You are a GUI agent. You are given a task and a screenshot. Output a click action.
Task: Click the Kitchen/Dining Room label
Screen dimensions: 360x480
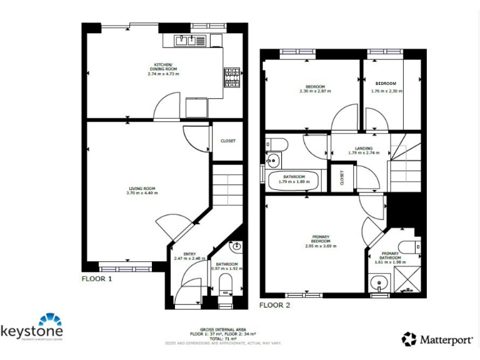(163, 66)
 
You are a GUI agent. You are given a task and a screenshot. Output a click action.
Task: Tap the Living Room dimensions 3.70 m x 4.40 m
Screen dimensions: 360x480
(142, 193)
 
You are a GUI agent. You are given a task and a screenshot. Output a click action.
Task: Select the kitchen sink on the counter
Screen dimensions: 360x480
(187, 41)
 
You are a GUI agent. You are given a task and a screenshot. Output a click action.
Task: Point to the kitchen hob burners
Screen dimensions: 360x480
(231, 77)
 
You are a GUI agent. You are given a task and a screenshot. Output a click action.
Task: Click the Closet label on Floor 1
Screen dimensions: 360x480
(228, 141)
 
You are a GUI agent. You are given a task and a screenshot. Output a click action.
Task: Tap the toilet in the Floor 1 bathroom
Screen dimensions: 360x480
(226, 287)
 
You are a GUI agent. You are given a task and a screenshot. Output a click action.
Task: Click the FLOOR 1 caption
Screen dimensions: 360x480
(97, 279)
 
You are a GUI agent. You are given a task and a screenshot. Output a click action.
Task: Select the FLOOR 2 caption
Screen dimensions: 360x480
(274, 305)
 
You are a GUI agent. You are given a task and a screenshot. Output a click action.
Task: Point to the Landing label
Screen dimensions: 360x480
(364, 149)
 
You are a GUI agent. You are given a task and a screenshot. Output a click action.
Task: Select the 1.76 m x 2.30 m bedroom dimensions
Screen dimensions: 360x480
(386, 91)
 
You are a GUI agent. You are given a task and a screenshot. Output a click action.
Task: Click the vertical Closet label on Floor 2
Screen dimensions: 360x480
(342, 178)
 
